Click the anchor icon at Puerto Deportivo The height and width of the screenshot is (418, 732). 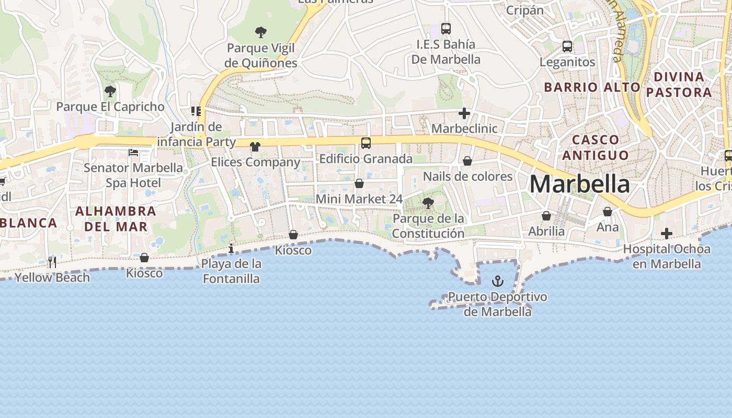(x=498, y=282)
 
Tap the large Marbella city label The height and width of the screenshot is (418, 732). (x=579, y=184)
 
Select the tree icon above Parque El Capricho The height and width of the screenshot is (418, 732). (x=110, y=92)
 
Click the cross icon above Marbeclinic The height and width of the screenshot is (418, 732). (x=464, y=113)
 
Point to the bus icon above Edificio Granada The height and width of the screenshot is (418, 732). (x=366, y=143)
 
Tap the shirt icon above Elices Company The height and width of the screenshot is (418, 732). (x=255, y=147)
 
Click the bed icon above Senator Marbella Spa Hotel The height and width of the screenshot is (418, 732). (x=133, y=153)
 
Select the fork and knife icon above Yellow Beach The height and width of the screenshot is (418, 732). (x=52, y=262)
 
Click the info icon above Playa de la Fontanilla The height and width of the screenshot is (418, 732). (x=231, y=248)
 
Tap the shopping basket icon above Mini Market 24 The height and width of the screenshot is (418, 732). (x=359, y=183)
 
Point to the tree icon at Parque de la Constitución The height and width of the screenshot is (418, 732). (x=428, y=203)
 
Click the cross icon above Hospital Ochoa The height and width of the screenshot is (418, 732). (x=667, y=234)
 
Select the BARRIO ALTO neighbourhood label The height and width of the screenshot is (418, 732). (x=592, y=87)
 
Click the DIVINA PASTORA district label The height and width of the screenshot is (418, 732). (x=679, y=85)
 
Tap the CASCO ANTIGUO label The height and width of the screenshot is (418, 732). (x=596, y=147)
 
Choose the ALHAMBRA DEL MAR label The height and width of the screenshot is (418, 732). (x=116, y=219)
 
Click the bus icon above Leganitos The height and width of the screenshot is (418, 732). (x=567, y=47)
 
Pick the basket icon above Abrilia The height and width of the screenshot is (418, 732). (x=546, y=216)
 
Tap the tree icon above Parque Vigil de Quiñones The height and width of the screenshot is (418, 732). (x=261, y=32)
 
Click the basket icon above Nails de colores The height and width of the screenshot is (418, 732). (x=467, y=161)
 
